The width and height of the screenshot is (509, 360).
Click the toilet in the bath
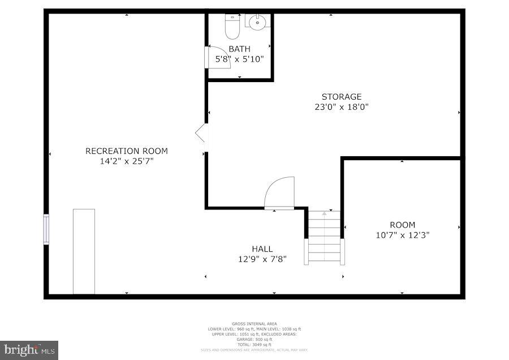(x=232, y=26)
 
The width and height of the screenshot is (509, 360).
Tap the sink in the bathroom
(x=257, y=23)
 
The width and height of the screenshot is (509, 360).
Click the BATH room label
(x=239, y=49)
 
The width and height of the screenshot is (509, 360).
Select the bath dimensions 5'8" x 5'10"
(x=239, y=59)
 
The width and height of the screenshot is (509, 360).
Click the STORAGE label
(x=342, y=97)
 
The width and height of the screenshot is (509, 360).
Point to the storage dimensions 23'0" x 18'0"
(x=342, y=106)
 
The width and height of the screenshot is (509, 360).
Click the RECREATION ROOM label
(x=127, y=151)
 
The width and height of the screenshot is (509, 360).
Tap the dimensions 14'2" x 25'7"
(x=127, y=161)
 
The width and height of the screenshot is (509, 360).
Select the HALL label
(x=262, y=249)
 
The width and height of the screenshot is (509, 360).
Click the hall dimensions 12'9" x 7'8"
(x=262, y=259)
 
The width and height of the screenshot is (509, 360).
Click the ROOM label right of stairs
(x=402, y=225)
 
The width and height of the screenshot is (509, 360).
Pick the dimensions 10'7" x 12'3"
(x=402, y=235)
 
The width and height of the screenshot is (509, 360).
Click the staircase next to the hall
(x=325, y=238)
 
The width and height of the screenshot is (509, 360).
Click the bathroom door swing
(x=219, y=57)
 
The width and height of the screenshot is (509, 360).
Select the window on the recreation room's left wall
(x=46, y=229)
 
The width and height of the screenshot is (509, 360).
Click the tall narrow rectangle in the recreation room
(x=84, y=251)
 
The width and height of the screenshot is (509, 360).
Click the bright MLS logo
(x=29, y=350)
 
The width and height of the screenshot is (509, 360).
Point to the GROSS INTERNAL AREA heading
(x=254, y=324)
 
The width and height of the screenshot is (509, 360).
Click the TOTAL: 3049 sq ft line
(x=254, y=344)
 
